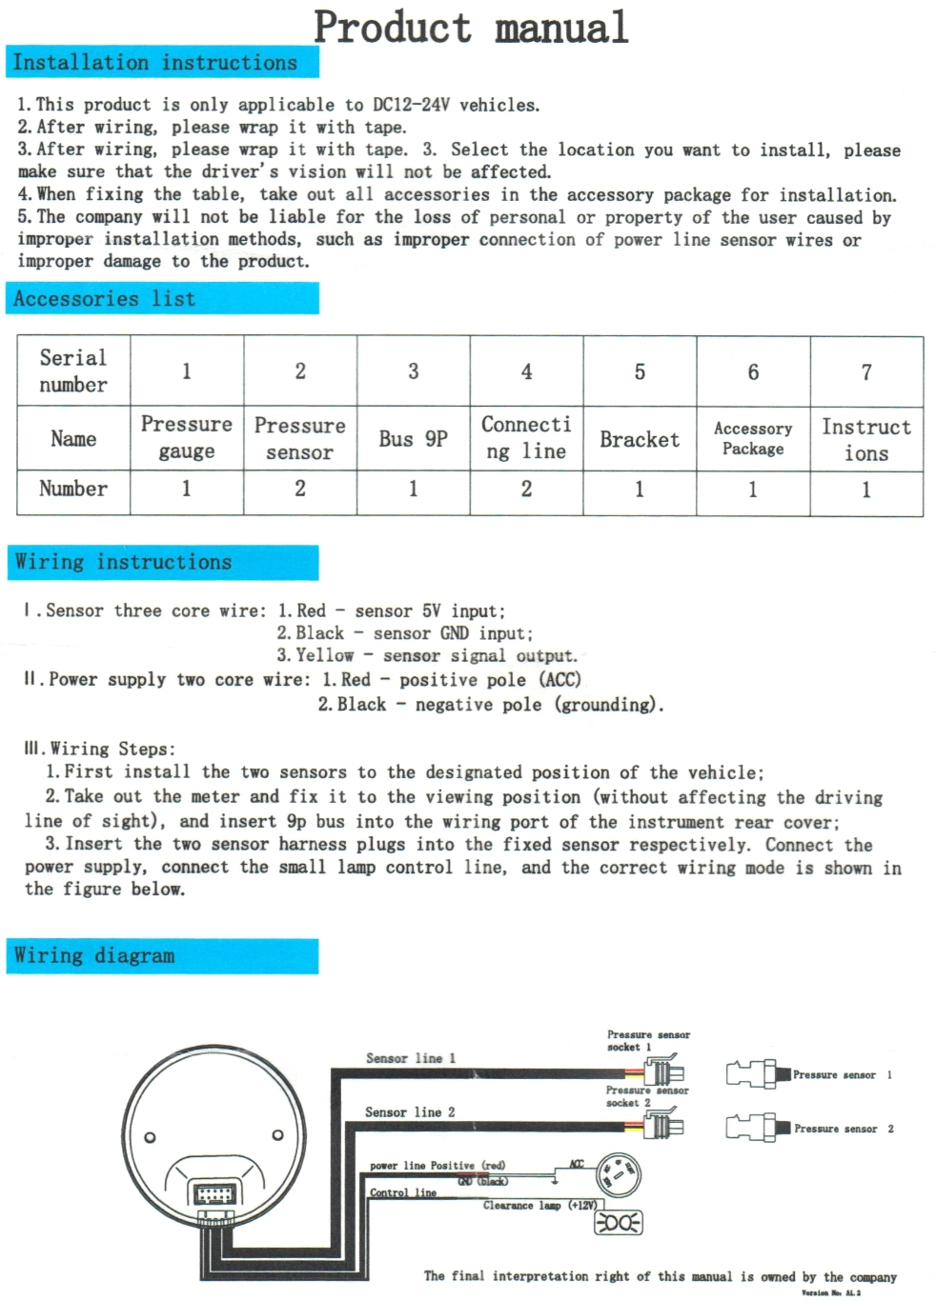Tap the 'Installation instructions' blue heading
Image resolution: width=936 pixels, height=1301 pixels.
(154, 63)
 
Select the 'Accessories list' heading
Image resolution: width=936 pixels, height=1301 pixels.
(104, 299)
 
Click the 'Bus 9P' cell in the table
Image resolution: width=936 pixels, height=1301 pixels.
(413, 439)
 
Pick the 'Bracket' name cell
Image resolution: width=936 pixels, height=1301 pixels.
(640, 439)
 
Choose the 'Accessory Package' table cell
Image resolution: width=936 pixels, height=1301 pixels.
(753, 439)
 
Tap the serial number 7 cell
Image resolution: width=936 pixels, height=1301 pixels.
(866, 371)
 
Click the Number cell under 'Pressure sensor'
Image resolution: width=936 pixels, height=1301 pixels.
(300, 490)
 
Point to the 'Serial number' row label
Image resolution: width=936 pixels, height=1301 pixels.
(73, 371)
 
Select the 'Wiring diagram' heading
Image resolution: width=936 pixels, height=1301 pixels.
(94, 955)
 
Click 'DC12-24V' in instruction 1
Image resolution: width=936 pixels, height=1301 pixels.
(411, 105)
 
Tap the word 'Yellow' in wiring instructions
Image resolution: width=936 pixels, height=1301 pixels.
(324, 655)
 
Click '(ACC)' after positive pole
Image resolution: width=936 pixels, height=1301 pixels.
(560, 680)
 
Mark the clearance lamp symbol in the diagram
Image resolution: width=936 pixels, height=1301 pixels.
(619, 1222)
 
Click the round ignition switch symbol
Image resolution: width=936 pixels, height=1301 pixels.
(619, 1175)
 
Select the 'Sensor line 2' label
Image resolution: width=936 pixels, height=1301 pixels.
(410, 1111)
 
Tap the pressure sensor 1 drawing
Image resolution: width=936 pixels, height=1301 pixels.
(758, 1074)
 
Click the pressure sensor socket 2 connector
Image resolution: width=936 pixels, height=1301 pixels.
(663, 1127)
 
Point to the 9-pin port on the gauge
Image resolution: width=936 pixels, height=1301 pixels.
(214, 1194)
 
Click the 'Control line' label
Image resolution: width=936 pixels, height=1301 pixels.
(403, 1192)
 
